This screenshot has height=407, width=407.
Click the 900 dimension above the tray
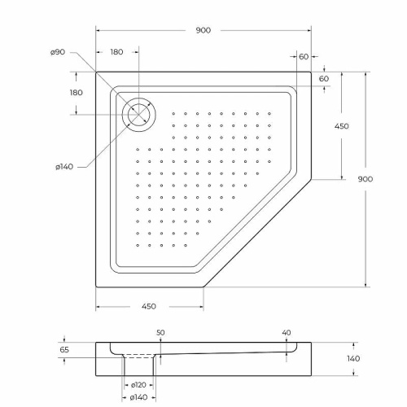(203, 30)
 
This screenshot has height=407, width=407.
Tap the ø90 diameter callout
(57, 52)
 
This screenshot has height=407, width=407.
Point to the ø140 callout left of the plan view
(64, 167)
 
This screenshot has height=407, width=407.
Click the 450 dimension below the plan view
(149, 306)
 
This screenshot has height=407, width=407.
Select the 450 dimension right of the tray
(342, 126)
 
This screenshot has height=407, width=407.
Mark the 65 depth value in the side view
(65, 350)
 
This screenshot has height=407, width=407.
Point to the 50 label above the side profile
(160, 332)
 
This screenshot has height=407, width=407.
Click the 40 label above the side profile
(286, 332)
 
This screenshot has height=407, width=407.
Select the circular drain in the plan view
(139, 113)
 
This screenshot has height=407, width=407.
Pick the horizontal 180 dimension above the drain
(116, 52)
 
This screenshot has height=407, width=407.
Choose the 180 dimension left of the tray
(77, 93)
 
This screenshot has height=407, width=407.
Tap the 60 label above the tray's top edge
(303, 56)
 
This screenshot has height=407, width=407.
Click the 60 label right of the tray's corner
(324, 78)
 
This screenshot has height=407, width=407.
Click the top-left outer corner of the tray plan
(97, 71)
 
